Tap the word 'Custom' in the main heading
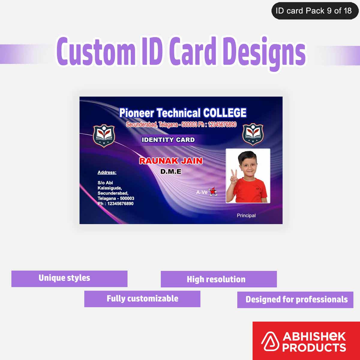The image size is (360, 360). [x=96, y=51]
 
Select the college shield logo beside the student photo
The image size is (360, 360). [x=253, y=134]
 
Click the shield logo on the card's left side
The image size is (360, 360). [x=104, y=136]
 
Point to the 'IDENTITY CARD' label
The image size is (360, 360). [x=168, y=140]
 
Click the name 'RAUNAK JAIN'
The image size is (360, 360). [x=171, y=161]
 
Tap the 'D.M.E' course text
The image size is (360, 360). [x=171, y=172]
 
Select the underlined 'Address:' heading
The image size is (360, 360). [x=107, y=172]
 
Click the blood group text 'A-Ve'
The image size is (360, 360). [x=202, y=192]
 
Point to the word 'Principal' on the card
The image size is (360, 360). [x=246, y=215]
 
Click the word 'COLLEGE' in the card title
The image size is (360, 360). [x=225, y=113]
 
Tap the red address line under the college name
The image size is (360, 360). [x=181, y=124]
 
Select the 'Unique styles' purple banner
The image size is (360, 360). [x=69, y=278]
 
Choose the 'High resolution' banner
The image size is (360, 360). [x=219, y=279]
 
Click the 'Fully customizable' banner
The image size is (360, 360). [x=142, y=299]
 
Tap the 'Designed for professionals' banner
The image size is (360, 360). [x=295, y=299]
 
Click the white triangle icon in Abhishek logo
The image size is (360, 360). [x=270, y=342]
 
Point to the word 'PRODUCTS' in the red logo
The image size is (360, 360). [x=314, y=347]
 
